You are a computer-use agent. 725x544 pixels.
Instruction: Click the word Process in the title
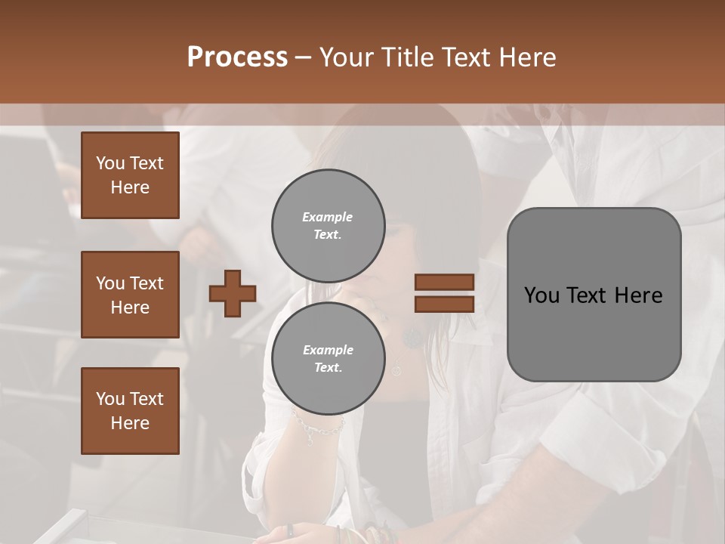click(237, 57)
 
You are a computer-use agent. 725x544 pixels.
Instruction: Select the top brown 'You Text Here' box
click(130, 175)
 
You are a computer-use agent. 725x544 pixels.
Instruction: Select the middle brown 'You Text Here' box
click(130, 295)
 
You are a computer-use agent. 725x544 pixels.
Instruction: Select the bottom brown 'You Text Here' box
click(130, 410)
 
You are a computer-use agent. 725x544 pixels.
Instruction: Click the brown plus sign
click(233, 293)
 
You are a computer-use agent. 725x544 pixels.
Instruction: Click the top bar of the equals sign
click(444, 282)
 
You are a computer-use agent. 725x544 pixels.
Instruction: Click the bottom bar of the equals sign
click(444, 304)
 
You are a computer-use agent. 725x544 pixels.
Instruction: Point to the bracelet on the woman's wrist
click(318, 428)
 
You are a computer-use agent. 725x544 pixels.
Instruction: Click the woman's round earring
click(412, 338)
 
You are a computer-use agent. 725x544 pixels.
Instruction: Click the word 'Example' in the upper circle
click(327, 217)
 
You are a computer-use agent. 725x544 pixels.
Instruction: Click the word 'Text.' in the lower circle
click(328, 367)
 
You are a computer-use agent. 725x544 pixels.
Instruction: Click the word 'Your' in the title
click(344, 57)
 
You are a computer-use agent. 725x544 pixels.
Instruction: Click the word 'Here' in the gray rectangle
click(638, 295)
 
